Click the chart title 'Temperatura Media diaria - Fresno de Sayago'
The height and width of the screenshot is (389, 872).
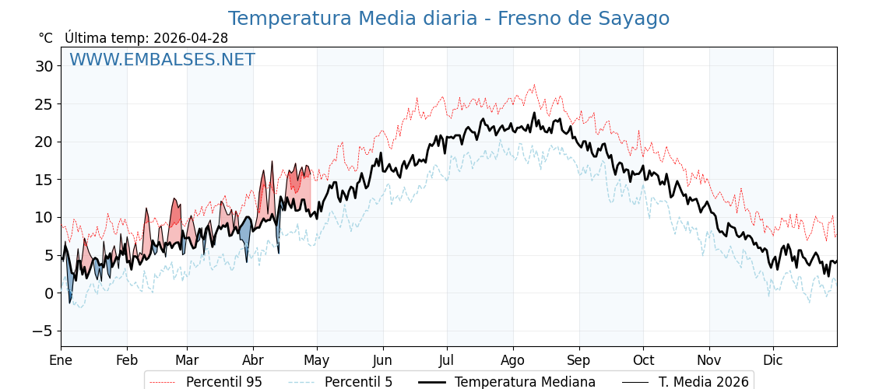[448, 19]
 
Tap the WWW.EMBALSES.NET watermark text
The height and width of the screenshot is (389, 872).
[162, 60]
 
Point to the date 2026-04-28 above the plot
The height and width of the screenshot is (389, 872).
[191, 38]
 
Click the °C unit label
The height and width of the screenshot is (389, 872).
[46, 38]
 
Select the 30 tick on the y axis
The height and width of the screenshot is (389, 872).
[44, 66]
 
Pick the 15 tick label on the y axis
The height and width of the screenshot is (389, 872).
[44, 180]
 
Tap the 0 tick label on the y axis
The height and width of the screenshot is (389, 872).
[48, 293]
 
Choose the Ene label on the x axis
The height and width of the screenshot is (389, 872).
[61, 361]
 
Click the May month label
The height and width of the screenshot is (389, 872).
[317, 361]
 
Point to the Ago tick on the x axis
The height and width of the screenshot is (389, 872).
[512, 361]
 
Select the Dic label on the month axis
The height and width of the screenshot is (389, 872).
[773, 361]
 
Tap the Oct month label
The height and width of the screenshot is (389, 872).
[643, 361]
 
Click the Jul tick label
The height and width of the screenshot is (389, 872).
[447, 361]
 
